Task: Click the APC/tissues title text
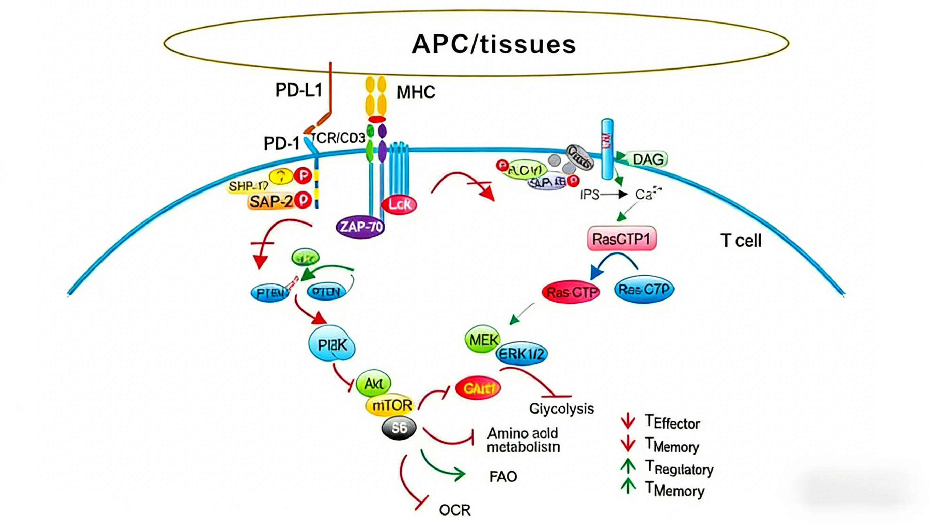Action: [x=494, y=45]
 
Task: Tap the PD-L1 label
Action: [x=298, y=90]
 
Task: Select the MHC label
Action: [x=416, y=92]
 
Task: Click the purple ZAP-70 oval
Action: [x=360, y=227]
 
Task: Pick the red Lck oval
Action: [x=399, y=205]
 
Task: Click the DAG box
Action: [x=648, y=159]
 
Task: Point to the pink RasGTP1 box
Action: [x=621, y=239]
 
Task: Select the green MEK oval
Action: [x=483, y=339]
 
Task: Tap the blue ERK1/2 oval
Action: [x=522, y=354]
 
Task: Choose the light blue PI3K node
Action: [x=332, y=345]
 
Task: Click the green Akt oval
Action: [x=373, y=383]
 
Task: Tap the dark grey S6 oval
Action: [x=399, y=428]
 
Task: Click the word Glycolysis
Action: [x=561, y=409]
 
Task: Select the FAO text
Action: [x=503, y=477]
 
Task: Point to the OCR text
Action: [x=454, y=510]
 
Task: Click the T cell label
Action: [x=741, y=241]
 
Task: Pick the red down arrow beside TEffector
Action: [x=628, y=421]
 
